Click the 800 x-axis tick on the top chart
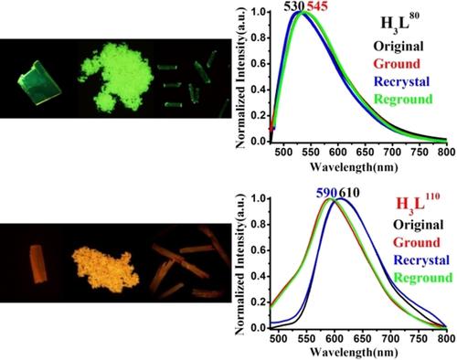click(444, 153)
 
